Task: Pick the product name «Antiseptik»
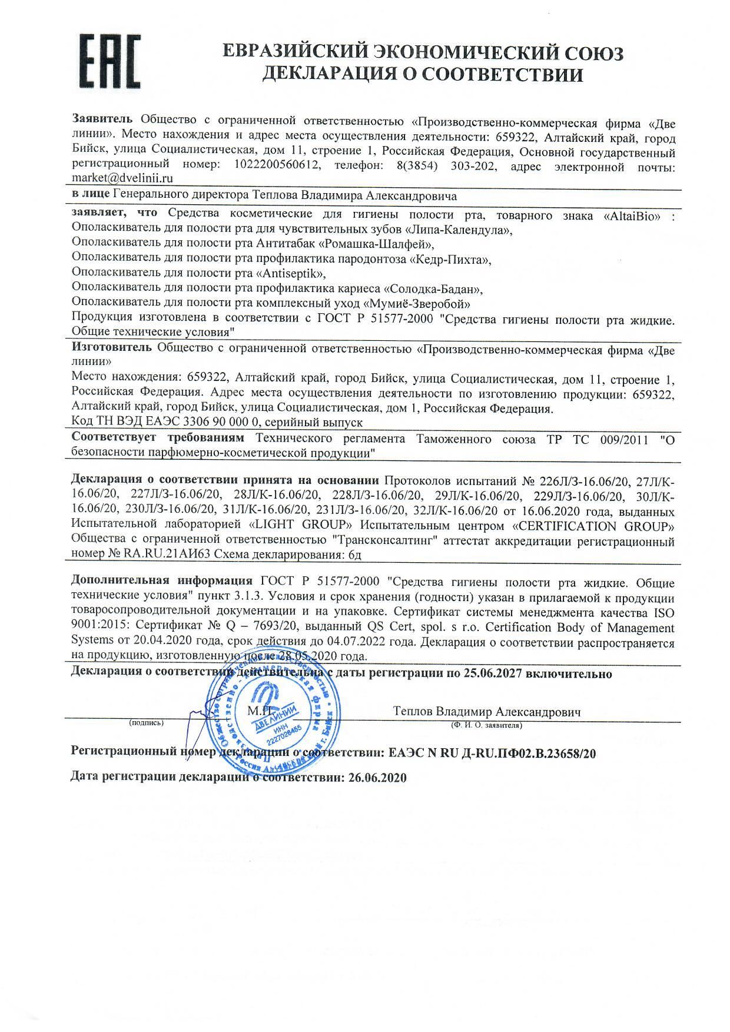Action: pyautogui.click(x=290, y=273)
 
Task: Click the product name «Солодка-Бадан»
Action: pyautogui.click(x=433, y=289)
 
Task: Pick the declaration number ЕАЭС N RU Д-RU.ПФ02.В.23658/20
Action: pyautogui.click(x=489, y=753)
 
